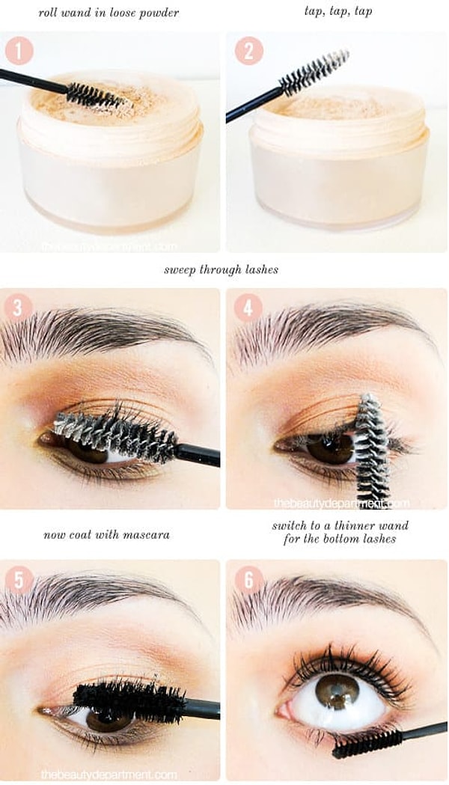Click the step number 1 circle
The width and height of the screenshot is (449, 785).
[x=19, y=51]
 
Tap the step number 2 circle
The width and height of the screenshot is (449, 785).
[x=248, y=51]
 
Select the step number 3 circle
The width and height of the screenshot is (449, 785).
[x=18, y=307]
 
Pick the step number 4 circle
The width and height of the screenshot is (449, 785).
[x=248, y=307]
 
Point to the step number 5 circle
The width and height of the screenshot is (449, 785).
[x=18, y=580]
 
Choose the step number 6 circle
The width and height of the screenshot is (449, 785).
[x=248, y=580]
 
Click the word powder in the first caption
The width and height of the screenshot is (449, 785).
[x=157, y=13]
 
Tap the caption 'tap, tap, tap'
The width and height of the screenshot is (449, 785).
[x=338, y=12]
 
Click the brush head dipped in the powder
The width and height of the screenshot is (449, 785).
[x=96, y=95]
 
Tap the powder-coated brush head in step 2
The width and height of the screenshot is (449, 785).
[x=314, y=72]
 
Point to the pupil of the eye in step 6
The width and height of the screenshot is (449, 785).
[x=337, y=691]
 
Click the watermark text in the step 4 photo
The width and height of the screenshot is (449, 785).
[x=341, y=503]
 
